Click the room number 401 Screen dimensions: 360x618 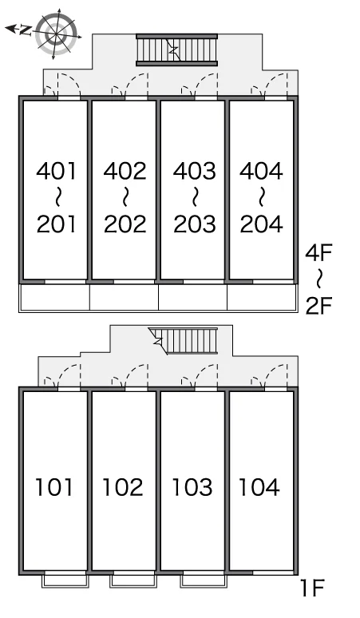tap(56, 171)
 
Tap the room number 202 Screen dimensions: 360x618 tap(125, 224)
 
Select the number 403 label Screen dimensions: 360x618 tap(195, 171)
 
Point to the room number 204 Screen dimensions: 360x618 tap(261, 224)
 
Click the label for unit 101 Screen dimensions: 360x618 tap(54, 487)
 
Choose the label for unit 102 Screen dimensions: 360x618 tap(122, 487)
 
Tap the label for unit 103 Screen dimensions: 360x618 tap(192, 487)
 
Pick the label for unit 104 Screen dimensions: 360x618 tap(259, 487)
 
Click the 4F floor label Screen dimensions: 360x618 tap(319, 252)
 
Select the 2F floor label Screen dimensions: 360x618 tap(319, 306)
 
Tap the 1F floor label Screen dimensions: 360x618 tap(312, 588)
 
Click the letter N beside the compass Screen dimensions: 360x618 tap(26, 30)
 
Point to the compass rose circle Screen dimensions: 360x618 tap(56, 34)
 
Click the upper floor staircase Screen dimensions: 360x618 tap(176, 50)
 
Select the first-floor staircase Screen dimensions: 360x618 tap(184, 340)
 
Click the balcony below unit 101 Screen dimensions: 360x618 tap(65, 581)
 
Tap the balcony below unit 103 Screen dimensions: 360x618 tap(204, 581)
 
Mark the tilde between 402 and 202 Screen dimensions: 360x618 tap(125, 197)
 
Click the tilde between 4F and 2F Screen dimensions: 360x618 tap(320, 279)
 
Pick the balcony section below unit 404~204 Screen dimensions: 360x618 tap(262, 297)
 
